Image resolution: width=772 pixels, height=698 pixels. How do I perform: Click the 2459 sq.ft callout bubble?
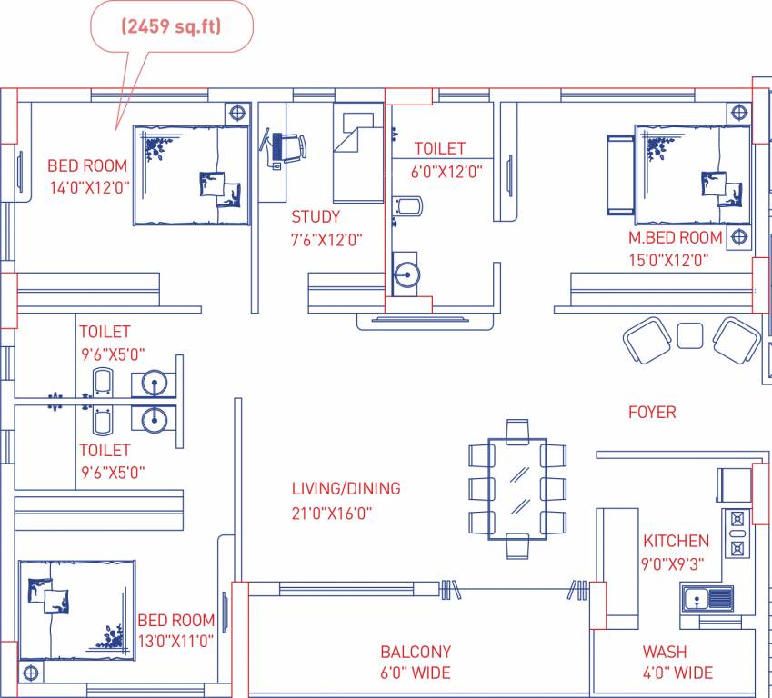pyautogui.click(x=172, y=27)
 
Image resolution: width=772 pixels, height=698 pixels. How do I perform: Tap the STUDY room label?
pyautogui.click(x=316, y=217)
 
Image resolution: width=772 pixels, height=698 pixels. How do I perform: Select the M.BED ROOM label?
pyautogui.click(x=676, y=238)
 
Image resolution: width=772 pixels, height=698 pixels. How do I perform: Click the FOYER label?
pyautogui.click(x=652, y=413)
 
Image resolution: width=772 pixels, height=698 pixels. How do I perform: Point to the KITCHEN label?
pyautogui.click(x=676, y=541)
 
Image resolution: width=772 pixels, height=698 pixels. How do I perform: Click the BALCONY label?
pyautogui.click(x=416, y=652)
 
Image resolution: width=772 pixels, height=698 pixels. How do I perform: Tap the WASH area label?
pyautogui.click(x=665, y=652)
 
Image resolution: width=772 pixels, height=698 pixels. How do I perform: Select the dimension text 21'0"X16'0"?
pyautogui.click(x=332, y=513)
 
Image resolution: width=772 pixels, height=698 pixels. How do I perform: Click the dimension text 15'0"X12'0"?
pyautogui.click(x=669, y=260)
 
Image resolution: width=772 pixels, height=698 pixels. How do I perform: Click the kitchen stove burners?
pyautogui.click(x=736, y=533)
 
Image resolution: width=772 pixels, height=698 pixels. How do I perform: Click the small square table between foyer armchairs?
pyautogui.click(x=690, y=334)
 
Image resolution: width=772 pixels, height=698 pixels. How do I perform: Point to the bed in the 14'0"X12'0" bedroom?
pyautogui.click(x=192, y=175)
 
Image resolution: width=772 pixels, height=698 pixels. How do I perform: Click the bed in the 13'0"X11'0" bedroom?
pyautogui.click(x=76, y=610)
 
